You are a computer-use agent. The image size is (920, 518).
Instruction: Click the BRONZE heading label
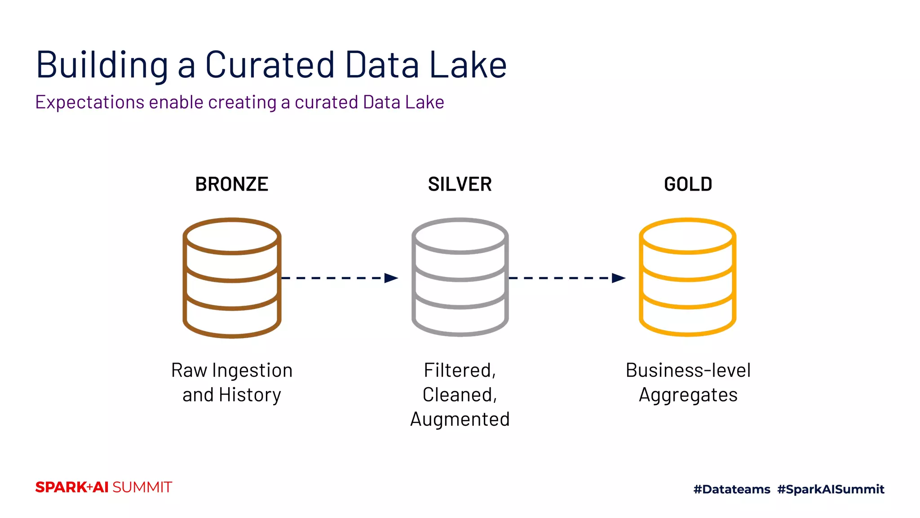point(231,184)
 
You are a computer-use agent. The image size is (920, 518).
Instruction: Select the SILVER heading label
point(460,184)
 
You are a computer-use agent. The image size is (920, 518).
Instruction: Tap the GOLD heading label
point(688,184)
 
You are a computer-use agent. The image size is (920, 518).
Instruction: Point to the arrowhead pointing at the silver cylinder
point(391,278)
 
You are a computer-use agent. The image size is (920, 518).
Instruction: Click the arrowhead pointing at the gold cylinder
point(619,278)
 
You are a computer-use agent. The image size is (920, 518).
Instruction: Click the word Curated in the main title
point(270,65)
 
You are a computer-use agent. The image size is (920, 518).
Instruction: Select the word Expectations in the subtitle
point(89,103)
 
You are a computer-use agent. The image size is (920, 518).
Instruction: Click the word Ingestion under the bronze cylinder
point(252,371)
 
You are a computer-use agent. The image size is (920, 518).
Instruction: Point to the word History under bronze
point(250,395)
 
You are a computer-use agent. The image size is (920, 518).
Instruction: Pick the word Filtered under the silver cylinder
point(460,371)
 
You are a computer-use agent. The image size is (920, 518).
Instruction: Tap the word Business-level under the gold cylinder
point(688,371)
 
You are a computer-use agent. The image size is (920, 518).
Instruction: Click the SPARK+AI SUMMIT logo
point(103,487)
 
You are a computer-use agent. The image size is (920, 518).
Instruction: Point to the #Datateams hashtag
point(731,489)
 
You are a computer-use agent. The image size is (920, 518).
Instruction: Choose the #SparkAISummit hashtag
point(831,489)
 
